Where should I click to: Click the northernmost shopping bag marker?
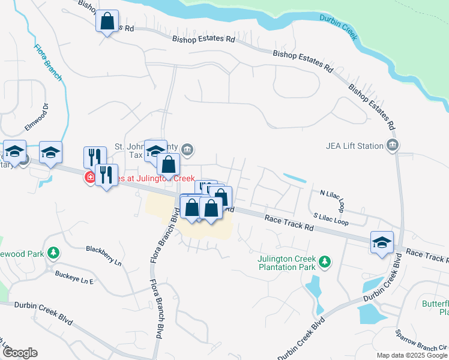(107, 22)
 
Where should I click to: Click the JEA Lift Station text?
(354, 145)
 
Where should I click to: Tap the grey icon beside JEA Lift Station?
(393, 145)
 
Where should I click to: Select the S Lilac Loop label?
(331, 218)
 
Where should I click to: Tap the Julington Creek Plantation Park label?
(287, 262)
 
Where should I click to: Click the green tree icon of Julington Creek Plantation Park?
(325, 262)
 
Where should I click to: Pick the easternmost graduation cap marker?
(382, 242)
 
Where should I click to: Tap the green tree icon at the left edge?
(54, 253)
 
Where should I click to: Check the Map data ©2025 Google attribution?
(412, 355)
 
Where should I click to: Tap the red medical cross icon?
(89, 177)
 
